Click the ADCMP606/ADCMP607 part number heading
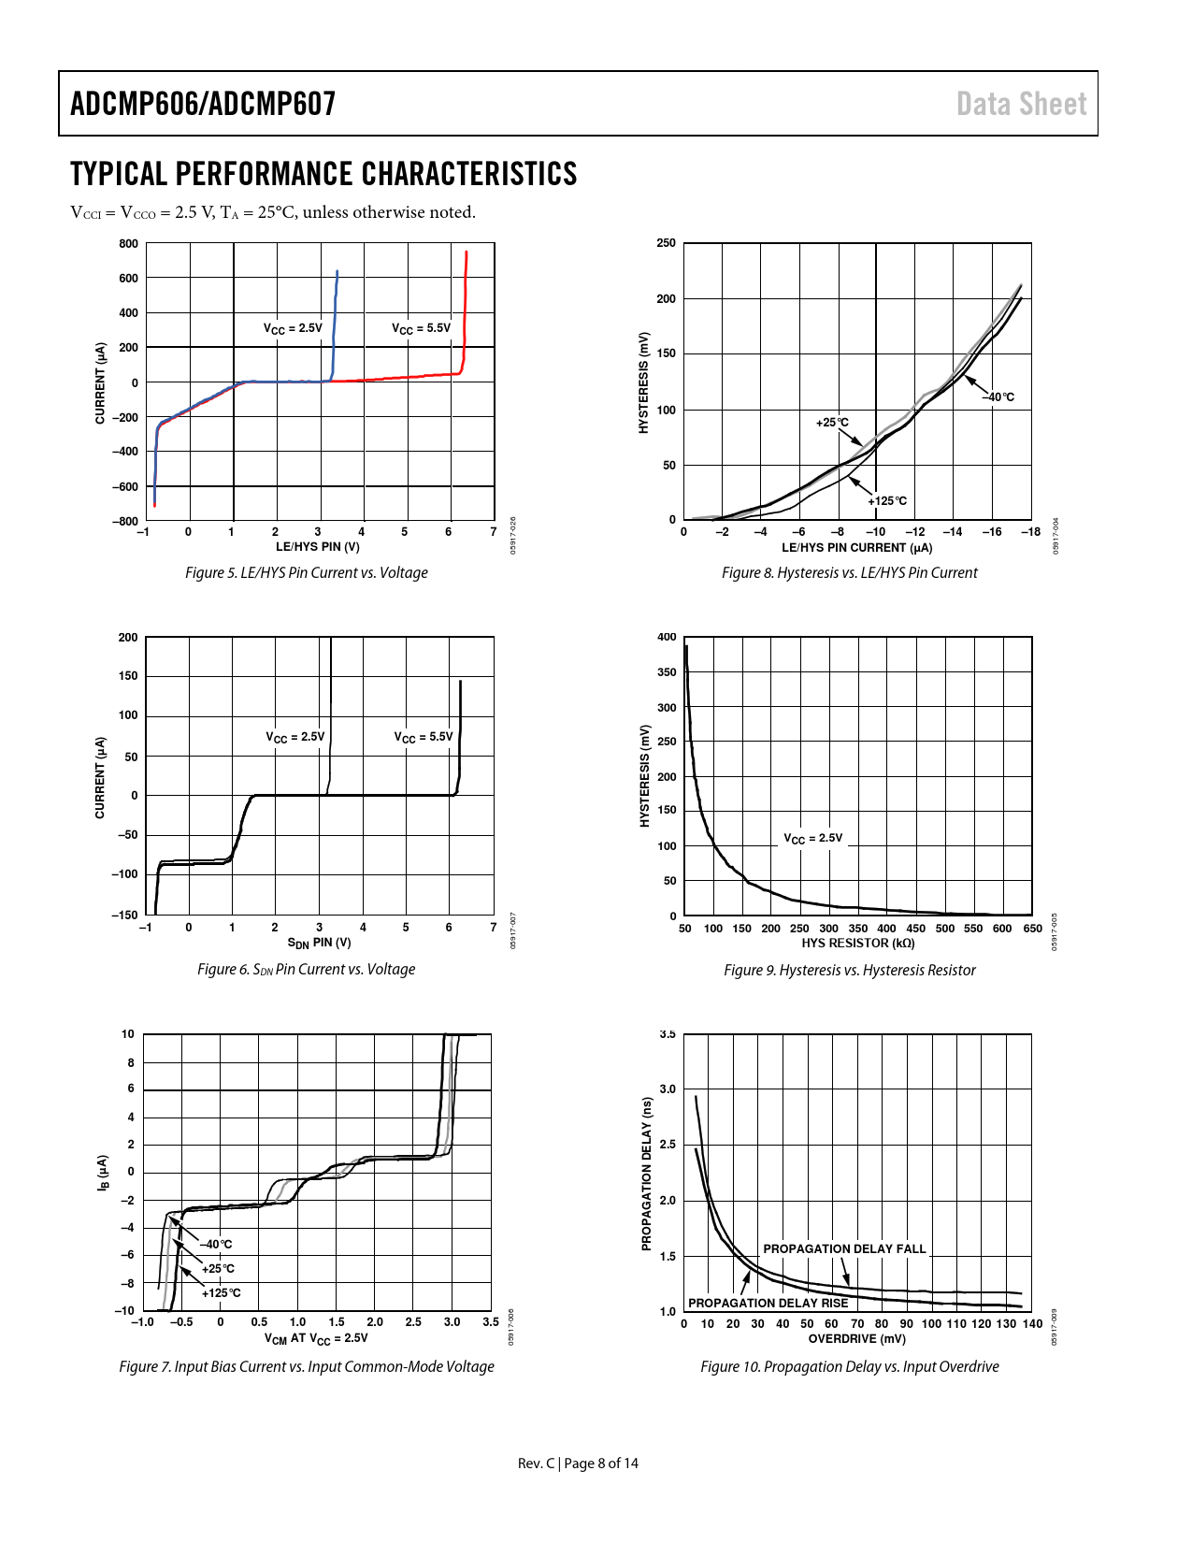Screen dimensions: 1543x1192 coord(203,104)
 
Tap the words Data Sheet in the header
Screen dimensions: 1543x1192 coord(1021,104)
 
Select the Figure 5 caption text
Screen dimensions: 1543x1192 coord(306,572)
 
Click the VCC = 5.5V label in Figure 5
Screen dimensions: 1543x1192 coord(421,328)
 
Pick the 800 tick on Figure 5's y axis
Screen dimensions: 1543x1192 coord(128,244)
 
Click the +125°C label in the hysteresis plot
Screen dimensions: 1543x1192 coord(887,501)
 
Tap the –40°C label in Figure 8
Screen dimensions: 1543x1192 coord(998,397)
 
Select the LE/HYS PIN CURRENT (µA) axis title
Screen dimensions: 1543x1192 coord(856,548)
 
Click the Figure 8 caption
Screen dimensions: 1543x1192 coord(849,572)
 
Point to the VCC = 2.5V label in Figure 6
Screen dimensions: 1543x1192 coord(295,737)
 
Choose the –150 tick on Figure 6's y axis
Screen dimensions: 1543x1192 coord(125,915)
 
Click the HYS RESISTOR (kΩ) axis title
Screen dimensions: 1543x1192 coord(857,944)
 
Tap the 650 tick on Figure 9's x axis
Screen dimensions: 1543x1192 coord(1032,929)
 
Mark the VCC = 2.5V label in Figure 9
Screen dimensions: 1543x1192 coord(812,839)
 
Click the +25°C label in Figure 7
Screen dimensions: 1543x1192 coord(218,1269)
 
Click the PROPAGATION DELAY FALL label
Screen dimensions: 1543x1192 coord(844,1249)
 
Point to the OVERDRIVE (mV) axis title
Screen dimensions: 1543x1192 coord(856,1339)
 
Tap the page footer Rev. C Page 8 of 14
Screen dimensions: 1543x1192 coord(578,1463)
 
